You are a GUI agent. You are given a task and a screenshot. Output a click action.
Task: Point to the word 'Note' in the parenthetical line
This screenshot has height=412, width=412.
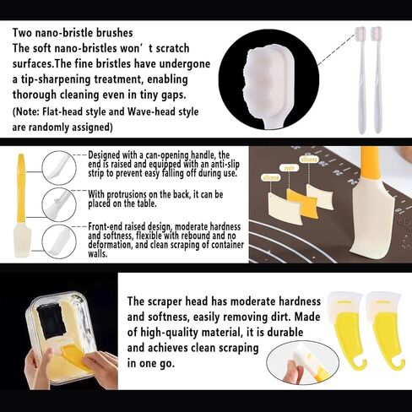point(31,111)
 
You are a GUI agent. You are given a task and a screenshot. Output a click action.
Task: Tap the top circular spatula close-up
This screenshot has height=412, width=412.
point(66,165)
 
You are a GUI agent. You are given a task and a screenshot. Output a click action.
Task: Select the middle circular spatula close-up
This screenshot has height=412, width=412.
point(66,203)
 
